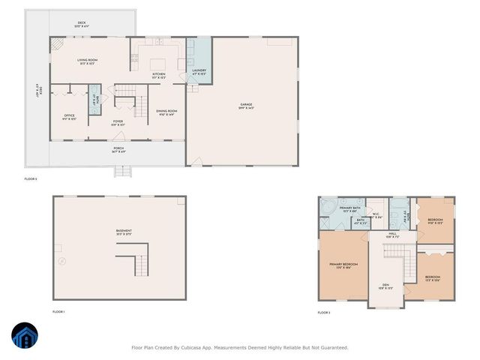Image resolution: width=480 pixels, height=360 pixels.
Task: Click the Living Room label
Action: coord(88,61)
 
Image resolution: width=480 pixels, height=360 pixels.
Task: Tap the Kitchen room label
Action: coord(158,75)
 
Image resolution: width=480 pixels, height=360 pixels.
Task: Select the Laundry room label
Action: coord(199,72)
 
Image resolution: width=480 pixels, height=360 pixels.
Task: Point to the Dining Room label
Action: coord(166,112)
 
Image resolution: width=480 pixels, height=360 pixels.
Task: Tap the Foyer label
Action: coord(118,122)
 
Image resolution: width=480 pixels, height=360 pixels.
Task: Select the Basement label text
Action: coord(124,231)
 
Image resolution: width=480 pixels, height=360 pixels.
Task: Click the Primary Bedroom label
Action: coord(343,265)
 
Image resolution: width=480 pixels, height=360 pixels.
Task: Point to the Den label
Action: coord(385,286)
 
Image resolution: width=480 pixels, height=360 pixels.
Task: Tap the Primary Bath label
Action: coord(350,209)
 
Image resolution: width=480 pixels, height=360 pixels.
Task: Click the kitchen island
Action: coord(158,62)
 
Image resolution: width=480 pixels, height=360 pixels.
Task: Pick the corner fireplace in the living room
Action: coord(57,44)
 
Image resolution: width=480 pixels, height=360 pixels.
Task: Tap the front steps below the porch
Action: coord(121,171)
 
